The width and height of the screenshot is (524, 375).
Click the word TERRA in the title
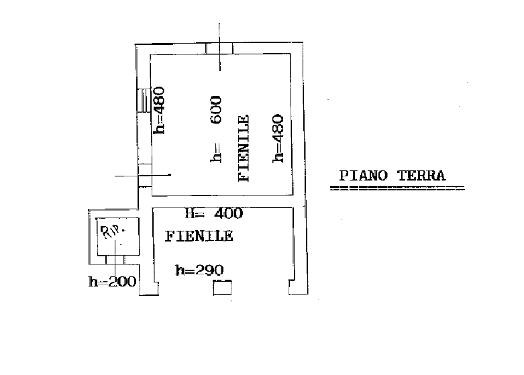coord(421,176)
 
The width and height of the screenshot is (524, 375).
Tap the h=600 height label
coord(216,129)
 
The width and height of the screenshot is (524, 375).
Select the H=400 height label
coord(214,213)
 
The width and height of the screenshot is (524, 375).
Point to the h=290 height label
coord(199,270)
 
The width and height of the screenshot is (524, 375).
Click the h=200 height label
coord(112,281)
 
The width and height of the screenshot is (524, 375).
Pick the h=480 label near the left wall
coord(159,110)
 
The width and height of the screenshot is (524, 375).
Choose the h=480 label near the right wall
coord(278,138)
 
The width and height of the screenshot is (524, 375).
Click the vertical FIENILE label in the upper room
coord(244,148)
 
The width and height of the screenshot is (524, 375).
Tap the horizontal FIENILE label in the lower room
coord(199,236)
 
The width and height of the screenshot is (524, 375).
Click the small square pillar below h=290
coord(222,288)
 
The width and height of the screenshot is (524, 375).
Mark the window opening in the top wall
coord(219,48)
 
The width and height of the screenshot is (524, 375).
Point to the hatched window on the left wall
coord(144,100)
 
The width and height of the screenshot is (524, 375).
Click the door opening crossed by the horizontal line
coord(145,175)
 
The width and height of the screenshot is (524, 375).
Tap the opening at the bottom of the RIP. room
coord(115,260)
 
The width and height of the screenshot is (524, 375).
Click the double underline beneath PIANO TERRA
coord(397,188)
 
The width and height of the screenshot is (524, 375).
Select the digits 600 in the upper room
coord(216,109)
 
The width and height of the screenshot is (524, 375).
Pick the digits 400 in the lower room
coord(229,213)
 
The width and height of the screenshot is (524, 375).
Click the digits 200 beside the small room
coord(122,281)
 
